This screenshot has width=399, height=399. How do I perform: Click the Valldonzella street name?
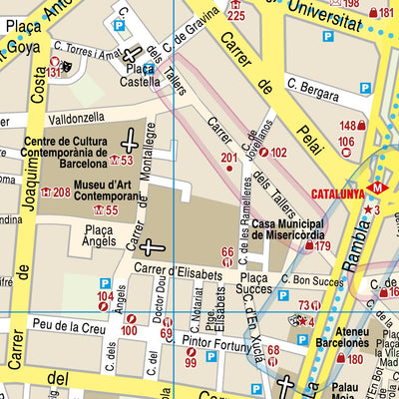[x=67, y=116]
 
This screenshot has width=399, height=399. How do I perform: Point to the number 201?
[x=229, y=158]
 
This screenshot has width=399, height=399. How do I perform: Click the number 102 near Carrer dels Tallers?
[x=278, y=153]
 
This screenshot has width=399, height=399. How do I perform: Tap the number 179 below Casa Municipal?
[x=322, y=245]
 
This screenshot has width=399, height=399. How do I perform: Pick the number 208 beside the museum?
[x=61, y=193]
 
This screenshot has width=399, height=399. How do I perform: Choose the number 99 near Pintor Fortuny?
[x=191, y=364]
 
